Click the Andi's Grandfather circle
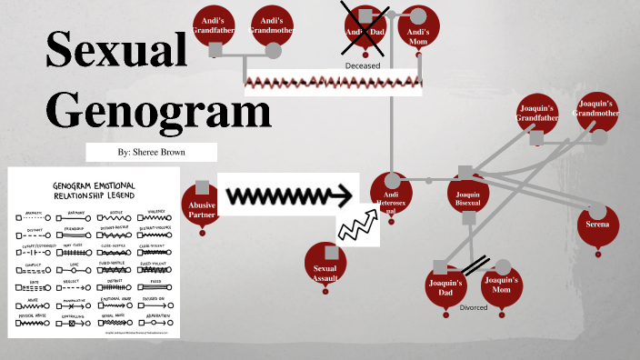pyautogui.click(x=215, y=27)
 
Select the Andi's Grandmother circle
pyautogui.click(x=270, y=26)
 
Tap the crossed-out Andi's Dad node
pyautogui.click(x=365, y=28)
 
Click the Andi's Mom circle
pyautogui.click(x=418, y=28)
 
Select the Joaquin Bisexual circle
pyautogui.click(x=468, y=197)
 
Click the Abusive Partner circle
pyautogui.click(x=202, y=206)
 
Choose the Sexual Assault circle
pyautogui.click(x=325, y=265)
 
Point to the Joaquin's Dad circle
pyautogui.click(x=445, y=288)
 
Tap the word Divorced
pyautogui.click(x=474, y=308)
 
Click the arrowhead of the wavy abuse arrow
pyautogui.click(x=342, y=195)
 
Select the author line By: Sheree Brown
pyautogui.click(x=152, y=152)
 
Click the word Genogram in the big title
pyautogui.click(x=158, y=112)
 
